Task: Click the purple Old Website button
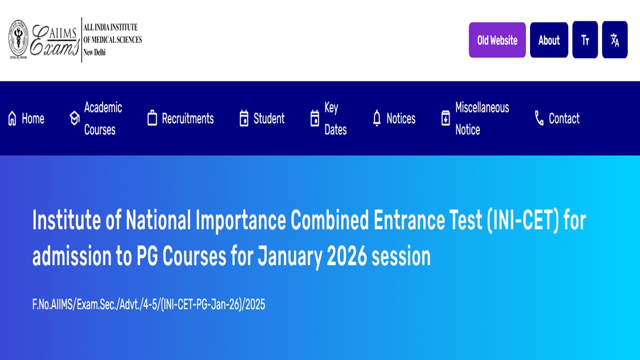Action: (x=497, y=40)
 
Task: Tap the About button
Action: (x=549, y=40)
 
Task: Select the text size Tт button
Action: (x=585, y=40)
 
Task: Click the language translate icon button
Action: (x=614, y=40)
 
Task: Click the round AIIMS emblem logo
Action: (x=18, y=39)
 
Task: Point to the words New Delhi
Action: (x=94, y=52)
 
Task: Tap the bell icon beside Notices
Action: (x=377, y=118)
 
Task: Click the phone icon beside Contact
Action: (x=539, y=118)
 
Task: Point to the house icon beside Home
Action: (x=12, y=118)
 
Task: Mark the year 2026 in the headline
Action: (x=347, y=257)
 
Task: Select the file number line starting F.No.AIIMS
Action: (x=149, y=305)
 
